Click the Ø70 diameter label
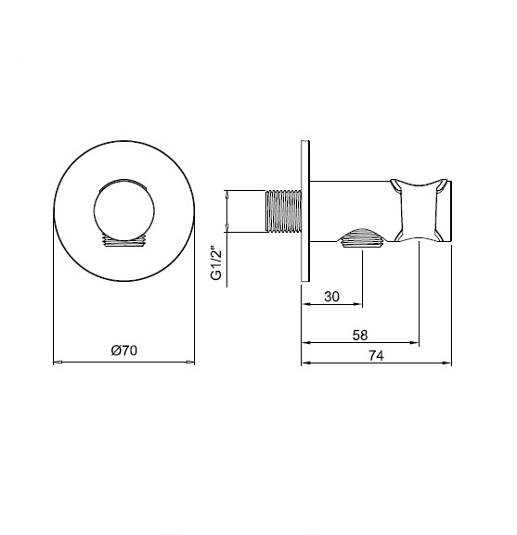coord(124,350)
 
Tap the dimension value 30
coord(331,297)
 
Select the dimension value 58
coord(360,335)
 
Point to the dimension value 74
coord(376,356)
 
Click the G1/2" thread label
coord(216,261)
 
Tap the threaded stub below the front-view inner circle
coord(124,240)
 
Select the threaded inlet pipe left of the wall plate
coord(283,211)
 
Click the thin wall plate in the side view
coord(305,211)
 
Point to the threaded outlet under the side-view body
coord(362,237)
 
